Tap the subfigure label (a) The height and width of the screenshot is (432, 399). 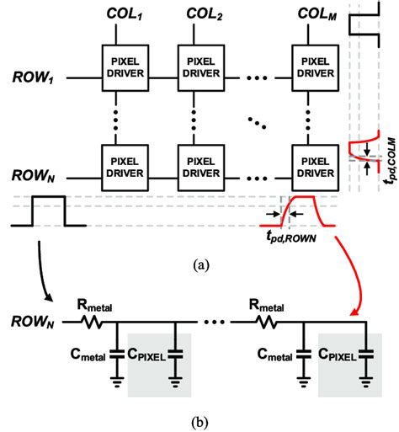[199, 265]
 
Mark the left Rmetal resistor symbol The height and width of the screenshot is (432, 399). [96, 321]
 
